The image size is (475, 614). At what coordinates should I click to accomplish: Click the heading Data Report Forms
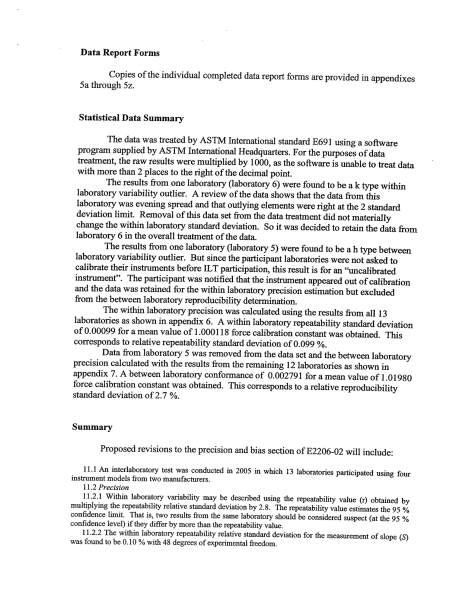point(120,52)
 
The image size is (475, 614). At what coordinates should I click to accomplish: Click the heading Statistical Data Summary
point(131,118)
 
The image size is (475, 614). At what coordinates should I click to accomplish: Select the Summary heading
point(92,427)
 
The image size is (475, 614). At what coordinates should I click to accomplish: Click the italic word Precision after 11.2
point(113,487)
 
